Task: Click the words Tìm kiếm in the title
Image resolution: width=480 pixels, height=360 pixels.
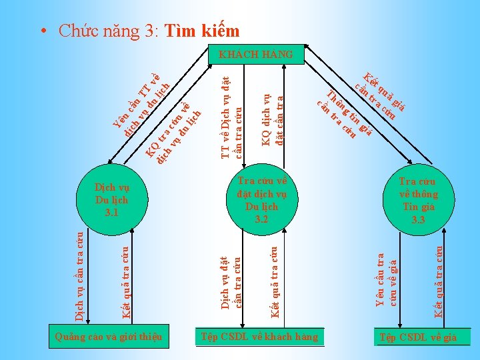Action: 201,31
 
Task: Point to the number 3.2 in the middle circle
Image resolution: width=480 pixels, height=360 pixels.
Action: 261,219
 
